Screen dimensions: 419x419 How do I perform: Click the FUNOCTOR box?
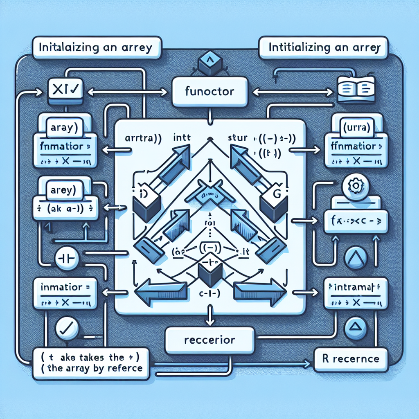point(209,91)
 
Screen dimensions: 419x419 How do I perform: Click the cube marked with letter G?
point(273,203)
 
